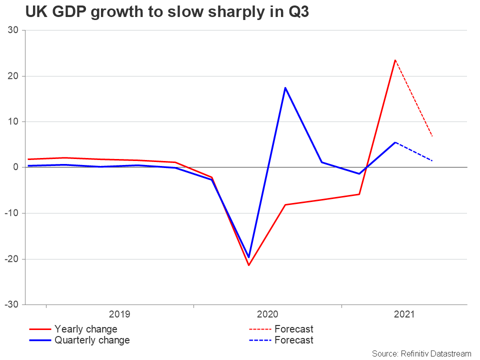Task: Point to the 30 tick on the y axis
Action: click(x=13, y=30)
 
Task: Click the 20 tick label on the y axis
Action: click(x=13, y=76)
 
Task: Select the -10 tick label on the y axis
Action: click(x=11, y=213)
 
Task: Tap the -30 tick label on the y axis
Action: click(x=11, y=304)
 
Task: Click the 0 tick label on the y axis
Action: click(x=16, y=167)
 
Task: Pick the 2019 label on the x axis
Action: click(x=119, y=314)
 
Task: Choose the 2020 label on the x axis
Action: click(x=267, y=314)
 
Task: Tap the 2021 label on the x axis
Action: click(x=404, y=314)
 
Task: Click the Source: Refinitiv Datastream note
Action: click(x=421, y=353)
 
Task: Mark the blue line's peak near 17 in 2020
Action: click(x=285, y=87)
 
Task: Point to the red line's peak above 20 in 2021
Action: click(x=395, y=60)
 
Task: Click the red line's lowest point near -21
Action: click(x=248, y=265)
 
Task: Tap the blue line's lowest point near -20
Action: click(x=248, y=257)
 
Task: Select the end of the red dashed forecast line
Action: click(x=432, y=136)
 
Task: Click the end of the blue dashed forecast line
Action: click(x=432, y=160)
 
